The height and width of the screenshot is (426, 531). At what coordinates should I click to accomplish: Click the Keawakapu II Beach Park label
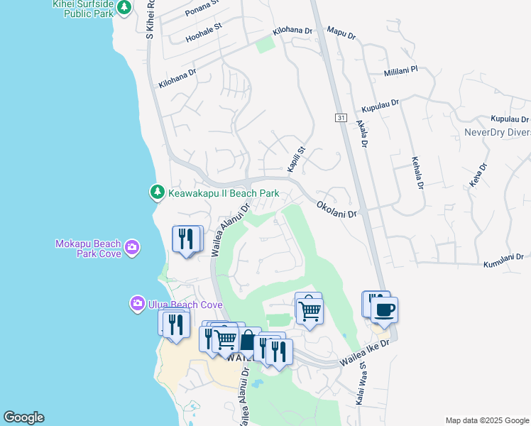[x=223, y=193]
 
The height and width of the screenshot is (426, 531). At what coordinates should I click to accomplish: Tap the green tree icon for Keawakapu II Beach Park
[x=158, y=192]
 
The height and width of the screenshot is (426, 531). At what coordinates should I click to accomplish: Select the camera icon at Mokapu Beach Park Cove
[x=131, y=248]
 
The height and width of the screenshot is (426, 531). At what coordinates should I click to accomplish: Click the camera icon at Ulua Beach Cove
[x=137, y=304]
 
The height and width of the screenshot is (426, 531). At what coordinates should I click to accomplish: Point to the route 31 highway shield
[x=341, y=117]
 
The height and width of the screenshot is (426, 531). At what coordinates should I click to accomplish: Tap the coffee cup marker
[x=384, y=310]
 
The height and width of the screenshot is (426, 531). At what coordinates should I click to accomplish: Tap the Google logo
[x=24, y=417]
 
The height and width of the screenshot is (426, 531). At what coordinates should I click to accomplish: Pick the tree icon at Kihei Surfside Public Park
[x=124, y=7]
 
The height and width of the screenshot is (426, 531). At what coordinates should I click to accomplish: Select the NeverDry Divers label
[x=497, y=132]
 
